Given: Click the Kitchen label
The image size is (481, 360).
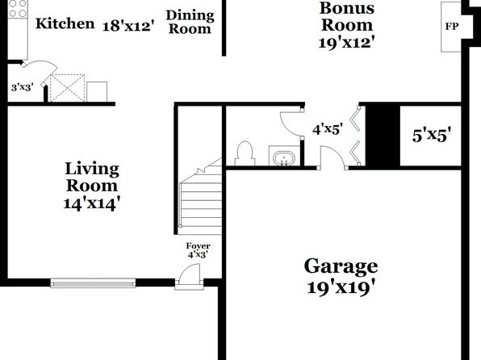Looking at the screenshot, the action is coord(65,23).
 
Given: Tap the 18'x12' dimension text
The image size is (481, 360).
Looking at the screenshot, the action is coord(128,26).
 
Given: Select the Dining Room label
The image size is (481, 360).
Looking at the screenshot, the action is coord(190,22).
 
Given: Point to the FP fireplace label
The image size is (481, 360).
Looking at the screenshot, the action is coord(452,27).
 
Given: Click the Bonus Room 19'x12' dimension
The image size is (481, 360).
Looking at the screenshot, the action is coord(347,43).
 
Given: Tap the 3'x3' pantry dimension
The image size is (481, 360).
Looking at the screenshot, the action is coord(22,87).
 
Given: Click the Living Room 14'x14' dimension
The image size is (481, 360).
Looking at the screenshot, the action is coord(91,203).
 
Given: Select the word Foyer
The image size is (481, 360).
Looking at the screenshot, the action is coord(199,246).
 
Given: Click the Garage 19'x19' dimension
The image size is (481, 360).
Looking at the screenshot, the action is coord(341,288).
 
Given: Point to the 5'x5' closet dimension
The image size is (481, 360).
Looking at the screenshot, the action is coord(432,135).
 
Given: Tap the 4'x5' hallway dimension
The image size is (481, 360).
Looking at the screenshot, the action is coord(328,129).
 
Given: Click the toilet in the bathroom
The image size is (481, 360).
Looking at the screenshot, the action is coord(245,153).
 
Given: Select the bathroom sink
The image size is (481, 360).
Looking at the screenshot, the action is coord(284,158).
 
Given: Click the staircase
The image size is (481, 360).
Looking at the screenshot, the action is coord(201,196).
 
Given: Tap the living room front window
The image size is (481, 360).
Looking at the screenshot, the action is coord(93,283).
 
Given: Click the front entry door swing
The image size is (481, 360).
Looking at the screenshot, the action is coord(190,276).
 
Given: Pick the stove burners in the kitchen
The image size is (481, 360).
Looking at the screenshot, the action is coord(18,9).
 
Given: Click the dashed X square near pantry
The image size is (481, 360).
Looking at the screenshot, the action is coord(67,88).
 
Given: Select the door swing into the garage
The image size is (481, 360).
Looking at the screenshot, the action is coord(333,157).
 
